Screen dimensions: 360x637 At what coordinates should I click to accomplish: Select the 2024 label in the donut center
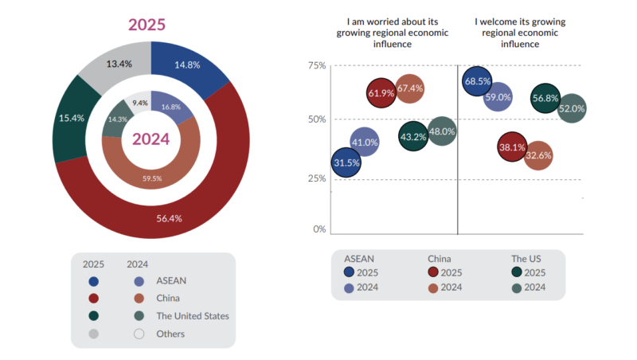pyautogui.click(x=150, y=139)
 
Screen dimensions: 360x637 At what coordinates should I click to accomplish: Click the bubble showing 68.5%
pyautogui.click(x=475, y=80)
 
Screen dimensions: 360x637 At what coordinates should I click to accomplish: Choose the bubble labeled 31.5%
pyautogui.click(x=346, y=162)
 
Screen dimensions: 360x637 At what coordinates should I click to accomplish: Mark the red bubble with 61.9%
pyautogui.click(x=382, y=93)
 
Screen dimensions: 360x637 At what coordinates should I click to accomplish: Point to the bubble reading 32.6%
pyautogui.click(x=538, y=155)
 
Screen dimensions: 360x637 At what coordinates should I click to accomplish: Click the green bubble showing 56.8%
pyautogui.click(x=545, y=98)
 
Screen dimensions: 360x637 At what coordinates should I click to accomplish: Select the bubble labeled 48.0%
pyautogui.click(x=442, y=131)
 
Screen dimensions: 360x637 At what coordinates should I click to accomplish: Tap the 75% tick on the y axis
pyautogui.click(x=318, y=65)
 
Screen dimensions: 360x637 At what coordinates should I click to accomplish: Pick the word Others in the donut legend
pyautogui.click(x=170, y=334)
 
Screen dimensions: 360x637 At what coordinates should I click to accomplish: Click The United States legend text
pyautogui.click(x=193, y=316)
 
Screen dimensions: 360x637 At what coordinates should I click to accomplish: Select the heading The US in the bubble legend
pyautogui.click(x=526, y=258)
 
